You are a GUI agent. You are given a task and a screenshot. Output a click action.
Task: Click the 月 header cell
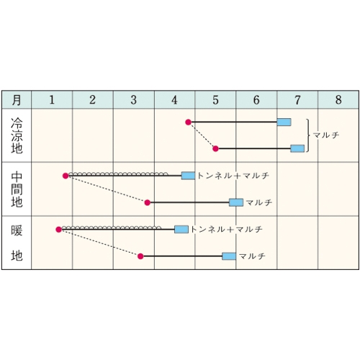pyautogui.click(x=17, y=100)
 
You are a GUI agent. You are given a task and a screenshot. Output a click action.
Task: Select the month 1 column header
pyautogui.click(x=52, y=100)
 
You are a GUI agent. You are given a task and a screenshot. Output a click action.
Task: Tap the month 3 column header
pyautogui.click(x=134, y=100)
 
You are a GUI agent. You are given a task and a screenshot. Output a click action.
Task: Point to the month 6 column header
pyautogui.click(x=256, y=100)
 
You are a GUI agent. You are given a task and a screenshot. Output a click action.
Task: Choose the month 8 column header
pyautogui.click(x=338, y=100)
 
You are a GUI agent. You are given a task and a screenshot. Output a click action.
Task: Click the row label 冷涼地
pyautogui.click(x=17, y=135)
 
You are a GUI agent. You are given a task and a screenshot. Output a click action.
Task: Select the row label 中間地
pyautogui.click(x=17, y=189)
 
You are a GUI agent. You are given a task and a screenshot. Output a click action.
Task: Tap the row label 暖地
pyautogui.click(x=17, y=243)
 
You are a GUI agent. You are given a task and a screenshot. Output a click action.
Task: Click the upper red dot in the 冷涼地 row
pyautogui.click(x=189, y=122)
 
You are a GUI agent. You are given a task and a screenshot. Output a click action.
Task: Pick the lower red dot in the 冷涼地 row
pyautogui.click(x=215, y=149)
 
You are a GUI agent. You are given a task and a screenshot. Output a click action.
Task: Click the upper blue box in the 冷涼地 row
pyautogui.click(x=284, y=122)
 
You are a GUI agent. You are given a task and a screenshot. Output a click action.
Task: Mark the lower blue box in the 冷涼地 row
pyautogui.click(x=297, y=148)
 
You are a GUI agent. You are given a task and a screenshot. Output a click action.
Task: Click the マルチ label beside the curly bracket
pyautogui.click(x=326, y=135)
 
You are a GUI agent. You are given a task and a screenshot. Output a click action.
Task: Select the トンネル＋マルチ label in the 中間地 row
pyautogui.click(x=233, y=176)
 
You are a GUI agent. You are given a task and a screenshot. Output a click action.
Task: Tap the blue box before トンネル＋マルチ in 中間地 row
pyautogui.click(x=188, y=176)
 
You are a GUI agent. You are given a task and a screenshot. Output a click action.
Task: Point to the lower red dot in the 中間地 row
pyautogui.click(x=148, y=203)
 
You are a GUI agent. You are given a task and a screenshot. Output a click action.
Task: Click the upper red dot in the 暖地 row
pyautogui.click(x=59, y=230)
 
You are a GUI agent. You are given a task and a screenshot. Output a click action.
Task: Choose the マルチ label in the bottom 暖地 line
pyautogui.click(x=253, y=256)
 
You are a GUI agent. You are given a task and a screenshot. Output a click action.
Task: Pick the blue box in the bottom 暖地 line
pyautogui.click(x=229, y=256)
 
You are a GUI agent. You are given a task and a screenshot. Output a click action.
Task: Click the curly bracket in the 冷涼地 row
pyautogui.click(x=308, y=135)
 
